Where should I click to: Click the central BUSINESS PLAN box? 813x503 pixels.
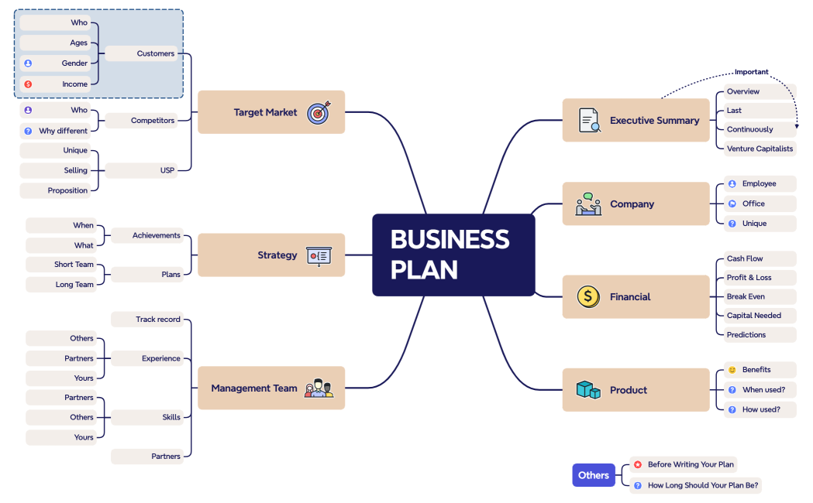pos(453,255)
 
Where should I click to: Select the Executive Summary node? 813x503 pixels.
pos(636,120)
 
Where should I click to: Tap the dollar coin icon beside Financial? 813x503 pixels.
pos(588,296)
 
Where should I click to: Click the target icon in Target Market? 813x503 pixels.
pos(319,113)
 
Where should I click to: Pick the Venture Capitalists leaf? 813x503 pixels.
pos(760,149)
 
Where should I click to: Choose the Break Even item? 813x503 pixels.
pos(746,296)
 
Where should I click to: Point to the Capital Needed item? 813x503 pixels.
pos(753,316)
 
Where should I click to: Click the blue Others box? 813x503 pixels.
pos(593,475)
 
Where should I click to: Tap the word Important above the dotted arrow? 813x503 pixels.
pos(751,72)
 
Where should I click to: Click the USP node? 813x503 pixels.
pos(167,170)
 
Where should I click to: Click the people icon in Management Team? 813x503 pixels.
pos(319,388)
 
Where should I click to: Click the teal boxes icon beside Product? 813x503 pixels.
pos(588,390)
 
